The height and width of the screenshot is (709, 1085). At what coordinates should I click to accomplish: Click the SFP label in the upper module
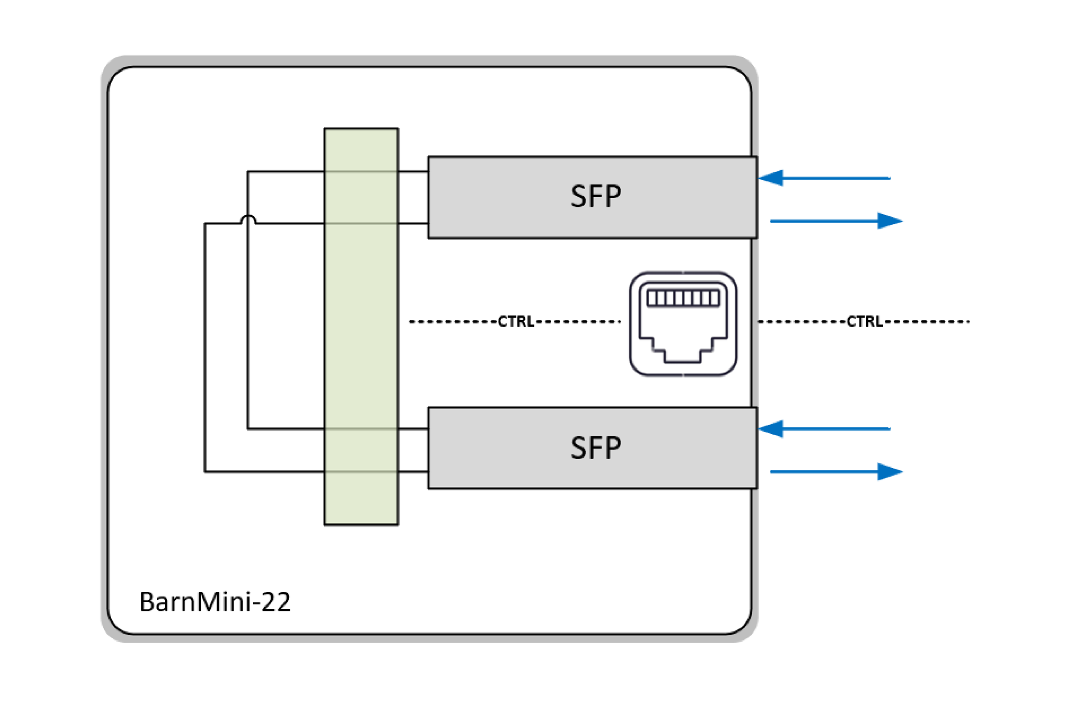(x=595, y=197)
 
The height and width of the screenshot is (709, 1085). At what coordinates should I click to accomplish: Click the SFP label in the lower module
(x=595, y=448)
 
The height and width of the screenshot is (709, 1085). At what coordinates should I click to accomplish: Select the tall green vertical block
(x=361, y=326)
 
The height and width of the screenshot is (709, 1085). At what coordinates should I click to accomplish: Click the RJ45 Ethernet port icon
(x=683, y=324)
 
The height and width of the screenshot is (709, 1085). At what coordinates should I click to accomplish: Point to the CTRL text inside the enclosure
(x=516, y=322)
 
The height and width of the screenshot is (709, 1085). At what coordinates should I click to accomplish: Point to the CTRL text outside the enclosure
(x=865, y=322)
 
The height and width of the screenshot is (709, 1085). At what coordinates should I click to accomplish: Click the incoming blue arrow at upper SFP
(x=825, y=178)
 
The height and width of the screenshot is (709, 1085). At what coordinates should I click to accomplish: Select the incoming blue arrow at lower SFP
(x=825, y=429)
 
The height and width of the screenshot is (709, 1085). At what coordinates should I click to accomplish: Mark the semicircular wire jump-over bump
(x=248, y=218)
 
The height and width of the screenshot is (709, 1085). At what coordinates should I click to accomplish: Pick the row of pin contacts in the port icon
(x=683, y=299)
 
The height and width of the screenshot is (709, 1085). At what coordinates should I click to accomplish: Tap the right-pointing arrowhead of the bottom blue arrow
(x=889, y=472)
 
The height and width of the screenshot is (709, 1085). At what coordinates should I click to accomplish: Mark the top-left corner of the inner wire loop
(x=248, y=172)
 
